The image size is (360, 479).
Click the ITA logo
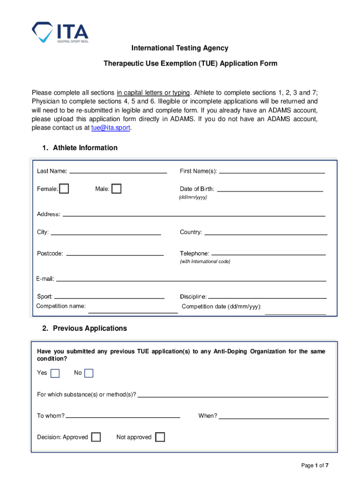60,32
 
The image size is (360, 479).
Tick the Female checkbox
64,189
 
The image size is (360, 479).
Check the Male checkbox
116,189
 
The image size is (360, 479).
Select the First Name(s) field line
272,171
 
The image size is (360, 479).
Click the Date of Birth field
270,189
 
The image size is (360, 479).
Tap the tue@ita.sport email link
111,128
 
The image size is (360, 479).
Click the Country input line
266,232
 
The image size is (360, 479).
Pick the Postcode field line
115,254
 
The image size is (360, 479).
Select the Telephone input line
268,253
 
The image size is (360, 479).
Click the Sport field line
109,297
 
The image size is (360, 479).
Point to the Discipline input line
267,297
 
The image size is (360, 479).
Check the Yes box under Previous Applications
55,373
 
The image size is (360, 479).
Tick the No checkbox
89,373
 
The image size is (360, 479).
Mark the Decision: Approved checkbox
96,437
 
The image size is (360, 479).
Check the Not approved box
160,437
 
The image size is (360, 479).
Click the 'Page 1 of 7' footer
315,465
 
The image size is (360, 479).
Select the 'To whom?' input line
123,416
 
